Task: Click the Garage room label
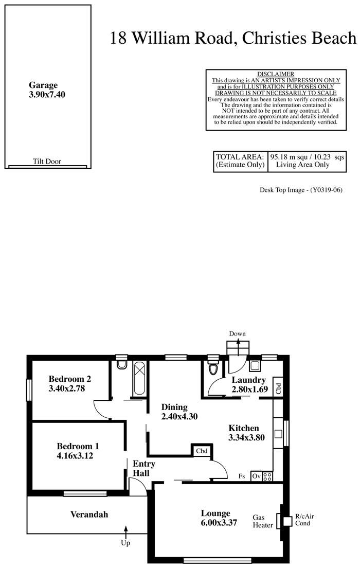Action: [43, 85]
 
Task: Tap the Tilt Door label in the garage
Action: [47, 161]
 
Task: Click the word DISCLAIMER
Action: [276, 74]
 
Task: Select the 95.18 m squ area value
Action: [289, 157]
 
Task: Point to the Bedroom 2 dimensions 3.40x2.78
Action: [67, 389]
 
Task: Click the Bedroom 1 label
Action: [78, 446]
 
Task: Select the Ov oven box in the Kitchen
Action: [257, 476]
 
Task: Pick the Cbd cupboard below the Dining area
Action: [202, 451]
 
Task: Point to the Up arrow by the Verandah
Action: [126, 532]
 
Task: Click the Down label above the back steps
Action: [238, 334]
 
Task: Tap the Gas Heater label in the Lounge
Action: [263, 521]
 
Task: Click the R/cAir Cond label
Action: [304, 520]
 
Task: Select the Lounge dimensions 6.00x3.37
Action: [219, 523]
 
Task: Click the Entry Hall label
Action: [144, 469]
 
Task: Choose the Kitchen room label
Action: [244, 428]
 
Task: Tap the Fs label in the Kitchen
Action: [242, 476]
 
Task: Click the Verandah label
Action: [89, 515]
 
